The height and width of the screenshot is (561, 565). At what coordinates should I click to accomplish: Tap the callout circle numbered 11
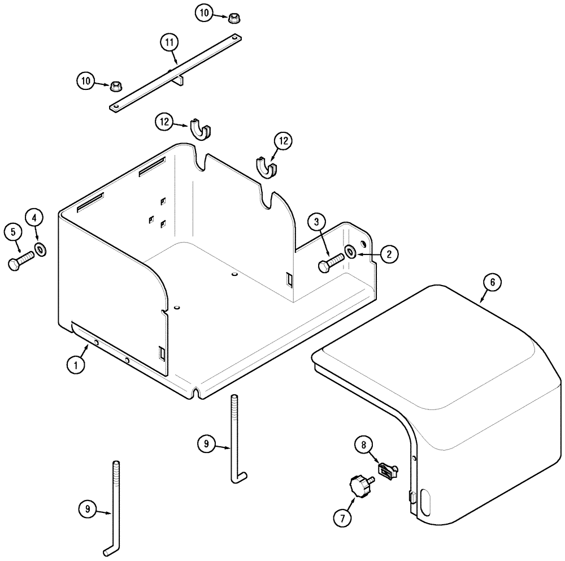tap(169, 42)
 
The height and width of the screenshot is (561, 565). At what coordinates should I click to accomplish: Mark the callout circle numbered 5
tap(12, 232)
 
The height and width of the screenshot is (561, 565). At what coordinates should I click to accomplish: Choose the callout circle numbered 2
tap(389, 254)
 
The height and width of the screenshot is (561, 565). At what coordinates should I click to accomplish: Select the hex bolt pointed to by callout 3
tap(331, 263)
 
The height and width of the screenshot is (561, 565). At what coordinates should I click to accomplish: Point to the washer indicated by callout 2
tap(351, 251)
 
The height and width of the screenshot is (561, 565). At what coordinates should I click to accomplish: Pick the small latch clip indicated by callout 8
tap(388, 469)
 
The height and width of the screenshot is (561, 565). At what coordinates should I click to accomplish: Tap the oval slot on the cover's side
tap(425, 501)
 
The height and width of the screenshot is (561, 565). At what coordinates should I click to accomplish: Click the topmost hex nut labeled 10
tap(232, 18)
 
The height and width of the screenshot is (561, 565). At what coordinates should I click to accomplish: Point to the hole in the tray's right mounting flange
tap(363, 244)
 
